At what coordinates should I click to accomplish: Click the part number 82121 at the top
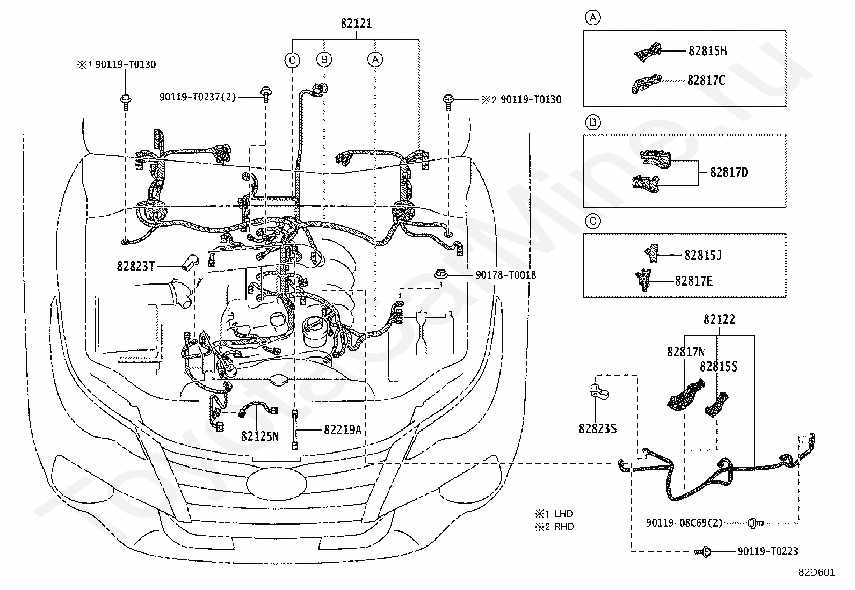point(356,23)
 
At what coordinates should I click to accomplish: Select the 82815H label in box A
point(708,51)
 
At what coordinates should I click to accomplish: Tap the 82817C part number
point(706,80)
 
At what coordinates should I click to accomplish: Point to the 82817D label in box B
point(729,172)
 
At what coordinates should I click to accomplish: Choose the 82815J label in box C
point(703,255)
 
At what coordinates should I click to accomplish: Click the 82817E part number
point(693,281)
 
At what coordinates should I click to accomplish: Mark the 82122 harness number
point(719,319)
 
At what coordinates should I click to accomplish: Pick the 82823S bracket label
point(597,428)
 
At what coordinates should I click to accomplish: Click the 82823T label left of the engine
point(135,266)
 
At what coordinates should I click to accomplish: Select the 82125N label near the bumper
point(260,436)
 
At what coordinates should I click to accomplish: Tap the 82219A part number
point(343,429)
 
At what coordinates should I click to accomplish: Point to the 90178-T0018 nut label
point(506,275)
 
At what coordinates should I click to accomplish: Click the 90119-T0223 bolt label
point(767,551)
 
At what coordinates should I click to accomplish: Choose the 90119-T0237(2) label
point(198,97)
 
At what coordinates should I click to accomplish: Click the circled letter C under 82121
point(292,60)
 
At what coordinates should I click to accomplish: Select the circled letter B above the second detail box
point(593,122)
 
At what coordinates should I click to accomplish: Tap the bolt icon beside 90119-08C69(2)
point(756,523)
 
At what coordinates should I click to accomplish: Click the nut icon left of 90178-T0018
point(441,274)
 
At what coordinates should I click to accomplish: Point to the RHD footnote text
point(564,527)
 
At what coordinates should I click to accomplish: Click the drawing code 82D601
point(816,572)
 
